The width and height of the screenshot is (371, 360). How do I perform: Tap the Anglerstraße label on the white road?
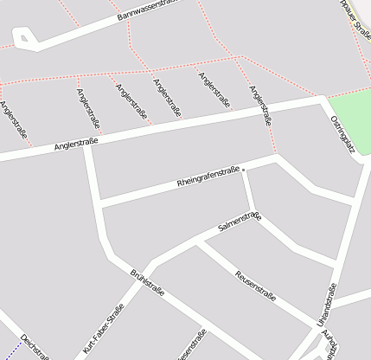click(x=76, y=142)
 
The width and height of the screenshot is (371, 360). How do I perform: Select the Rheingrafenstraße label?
click(x=208, y=177)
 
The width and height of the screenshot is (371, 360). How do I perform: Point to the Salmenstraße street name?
click(x=240, y=222)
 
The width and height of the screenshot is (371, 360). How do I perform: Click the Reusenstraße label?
click(x=255, y=285)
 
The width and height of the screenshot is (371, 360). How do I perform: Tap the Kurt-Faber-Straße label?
click(x=104, y=330)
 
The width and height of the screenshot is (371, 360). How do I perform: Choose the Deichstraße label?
click(x=35, y=347)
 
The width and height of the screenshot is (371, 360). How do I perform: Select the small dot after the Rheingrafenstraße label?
click(x=244, y=169)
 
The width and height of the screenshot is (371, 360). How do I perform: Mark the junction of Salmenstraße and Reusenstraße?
click(x=198, y=243)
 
